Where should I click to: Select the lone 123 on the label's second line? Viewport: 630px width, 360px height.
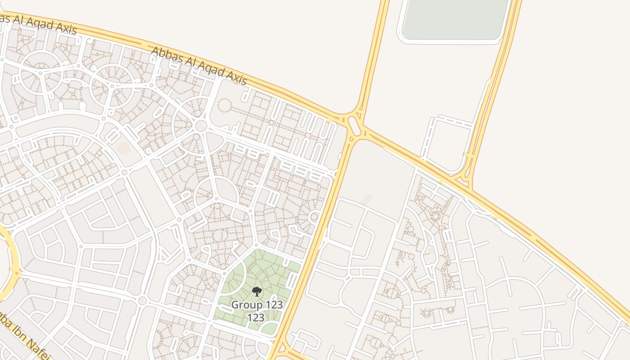tap(256, 317)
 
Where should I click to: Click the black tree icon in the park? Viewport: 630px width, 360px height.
tap(256, 292)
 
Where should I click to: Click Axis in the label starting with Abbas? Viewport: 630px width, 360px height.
tap(235, 79)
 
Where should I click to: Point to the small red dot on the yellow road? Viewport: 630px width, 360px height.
tap(17, 273)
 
